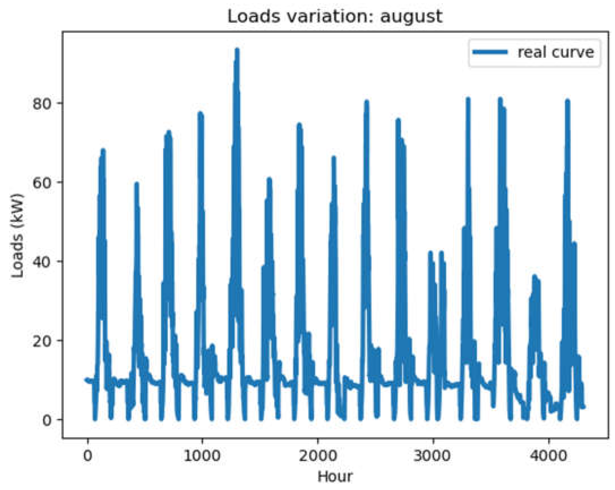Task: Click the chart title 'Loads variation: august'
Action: (x=335, y=16)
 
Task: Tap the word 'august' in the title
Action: (x=411, y=17)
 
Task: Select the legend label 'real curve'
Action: (x=556, y=52)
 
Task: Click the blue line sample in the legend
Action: (x=490, y=52)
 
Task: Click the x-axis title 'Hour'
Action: (x=335, y=476)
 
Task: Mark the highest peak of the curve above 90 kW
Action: (x=237, y=50)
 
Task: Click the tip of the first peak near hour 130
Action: (x=103, y=150)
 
